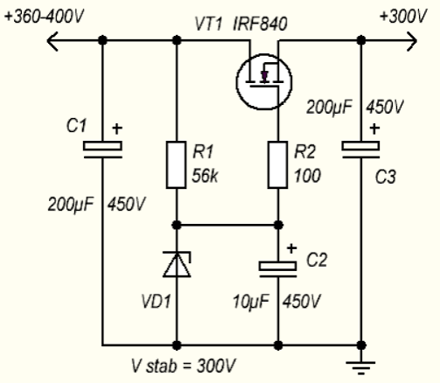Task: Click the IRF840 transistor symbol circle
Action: pyautogui.click(x=236, y=82)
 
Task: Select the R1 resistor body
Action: pyautogui.click(x=176, y=165)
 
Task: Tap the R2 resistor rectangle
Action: pyautogui.click(x=277, y=165)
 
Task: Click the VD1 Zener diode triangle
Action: pyautogui.click(x=177, y=264)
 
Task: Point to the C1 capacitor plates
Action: pyautogui.click(x=102, y=150)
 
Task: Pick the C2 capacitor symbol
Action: pyautogui.click(x=278, y=269)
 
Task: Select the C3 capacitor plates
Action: pyautogui.click(x=360, y=150)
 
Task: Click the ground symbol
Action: pyautogui.click(x=360, y=367)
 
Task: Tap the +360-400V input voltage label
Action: pyautogui.click(x=45, y=17)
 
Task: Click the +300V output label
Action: pyautogui.click(x=403, y=17)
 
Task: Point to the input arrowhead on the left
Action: pyautogui.click(x=52, y=41)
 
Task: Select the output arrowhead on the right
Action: pyautogui.click(x=412, y=41)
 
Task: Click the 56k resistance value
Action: pyautogui.click(x=205, y=176)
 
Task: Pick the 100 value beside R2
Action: pyautogui.click(x=307, y=176)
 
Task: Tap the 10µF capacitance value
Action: pyautogui.click(x=251, y=302)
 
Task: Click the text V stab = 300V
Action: pyautogui.click(x=184, y=366)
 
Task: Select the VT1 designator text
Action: pyautogui.click(x=208, y=24)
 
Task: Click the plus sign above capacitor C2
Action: pyautogui.click(x=291, y=248)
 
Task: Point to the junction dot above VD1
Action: pyautogui.click(x=177, y=225)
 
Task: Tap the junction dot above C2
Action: pyautogui.click(x=278, y=225)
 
